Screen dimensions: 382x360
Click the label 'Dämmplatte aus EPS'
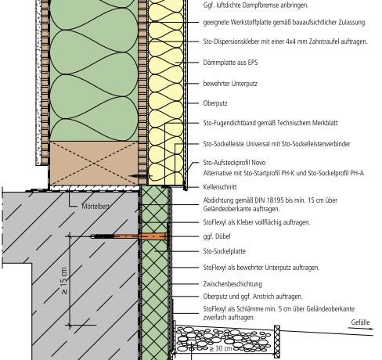point(230,63)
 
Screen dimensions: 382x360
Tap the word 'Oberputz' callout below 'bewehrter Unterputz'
point(215,103)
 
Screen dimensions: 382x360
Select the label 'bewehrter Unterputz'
point(230,84)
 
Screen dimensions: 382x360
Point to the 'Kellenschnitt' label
point(220,187)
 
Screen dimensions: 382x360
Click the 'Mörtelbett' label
point(95,207)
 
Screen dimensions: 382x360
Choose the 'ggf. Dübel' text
point(217,236)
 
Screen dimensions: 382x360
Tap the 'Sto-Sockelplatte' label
point(225,251)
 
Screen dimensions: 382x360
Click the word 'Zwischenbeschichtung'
point(232,284)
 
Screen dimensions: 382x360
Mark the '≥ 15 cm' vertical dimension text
point(64,281)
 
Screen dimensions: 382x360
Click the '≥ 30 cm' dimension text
point(221,348)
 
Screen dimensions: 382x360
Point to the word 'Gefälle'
point(360,322)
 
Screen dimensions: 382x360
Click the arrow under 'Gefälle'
point(361,328)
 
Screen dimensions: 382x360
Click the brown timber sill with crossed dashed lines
point(94,164)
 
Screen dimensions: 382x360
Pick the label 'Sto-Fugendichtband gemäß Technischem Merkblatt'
point(270,123)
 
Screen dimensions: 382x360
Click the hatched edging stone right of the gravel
point(277,341)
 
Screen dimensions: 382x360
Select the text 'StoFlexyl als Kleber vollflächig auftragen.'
point(257,222)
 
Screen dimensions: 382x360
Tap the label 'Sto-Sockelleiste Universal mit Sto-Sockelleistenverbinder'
point(276,144)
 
